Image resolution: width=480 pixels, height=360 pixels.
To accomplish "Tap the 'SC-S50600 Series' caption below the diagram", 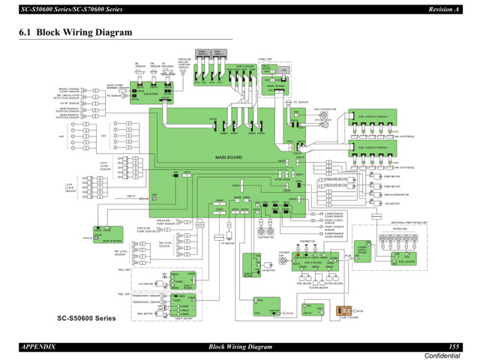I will click(x=88, y=318).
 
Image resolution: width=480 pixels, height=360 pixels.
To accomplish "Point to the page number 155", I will click(x=454, y=346).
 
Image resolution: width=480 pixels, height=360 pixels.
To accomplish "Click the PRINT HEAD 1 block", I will click(x=220, y=54).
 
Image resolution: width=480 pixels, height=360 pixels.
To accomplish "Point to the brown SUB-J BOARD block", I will click(x=346, y=309).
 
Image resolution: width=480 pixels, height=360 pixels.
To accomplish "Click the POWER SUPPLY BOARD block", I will click(x=363, y=249).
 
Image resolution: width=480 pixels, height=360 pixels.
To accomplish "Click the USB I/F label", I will click(x=130, y=196).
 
